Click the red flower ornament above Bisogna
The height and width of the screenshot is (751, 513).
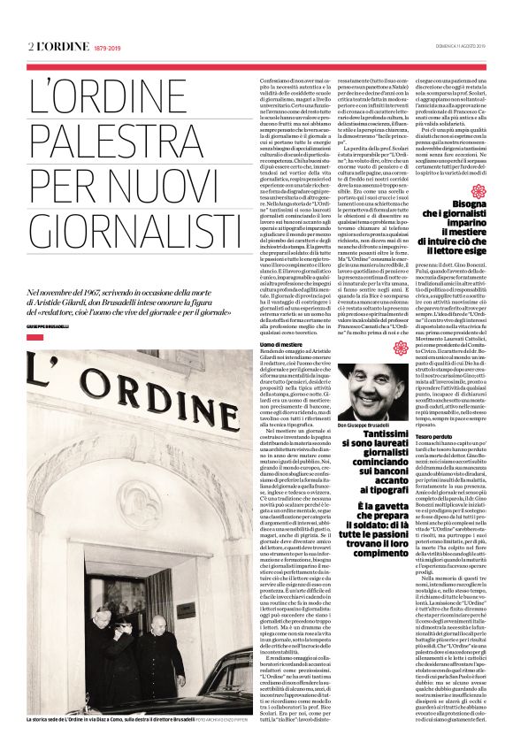[456, 192]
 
